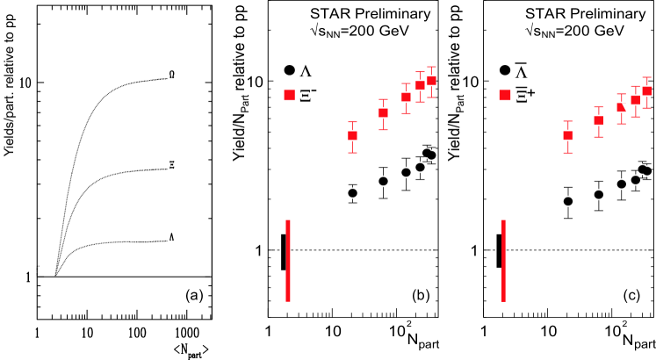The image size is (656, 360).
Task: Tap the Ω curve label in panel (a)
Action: pos(172,75)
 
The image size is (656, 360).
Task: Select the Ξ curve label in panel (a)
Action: pos(172,164)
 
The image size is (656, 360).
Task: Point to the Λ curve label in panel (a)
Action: pos(172,237)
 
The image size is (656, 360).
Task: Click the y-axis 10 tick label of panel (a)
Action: pos(25,83)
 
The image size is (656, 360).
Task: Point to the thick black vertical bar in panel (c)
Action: pos(499,251)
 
